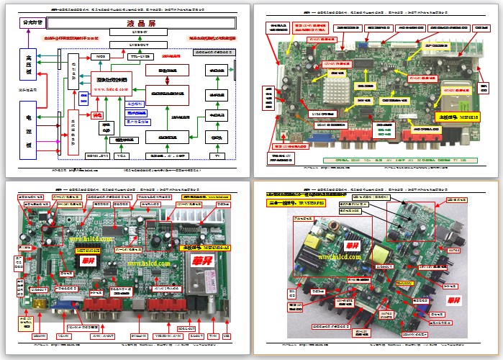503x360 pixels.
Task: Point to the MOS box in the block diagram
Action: pos(100,55)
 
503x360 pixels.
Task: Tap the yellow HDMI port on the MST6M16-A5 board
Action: pos(40,306)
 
